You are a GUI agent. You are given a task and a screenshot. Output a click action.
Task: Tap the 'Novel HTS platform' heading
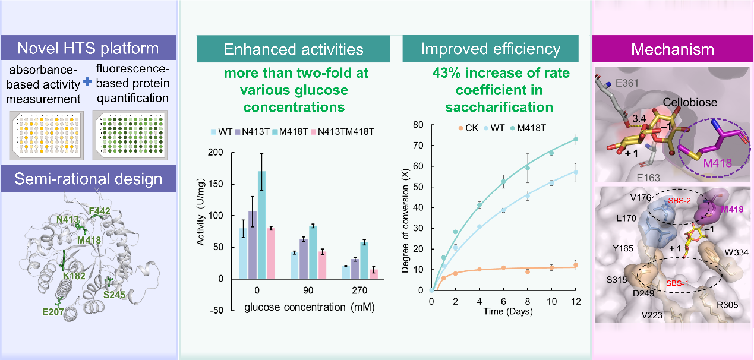[88, 48]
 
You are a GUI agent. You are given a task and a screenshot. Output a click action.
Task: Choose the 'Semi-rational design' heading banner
[88, 179]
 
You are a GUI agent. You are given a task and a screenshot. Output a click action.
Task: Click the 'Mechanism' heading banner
[673, 49]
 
